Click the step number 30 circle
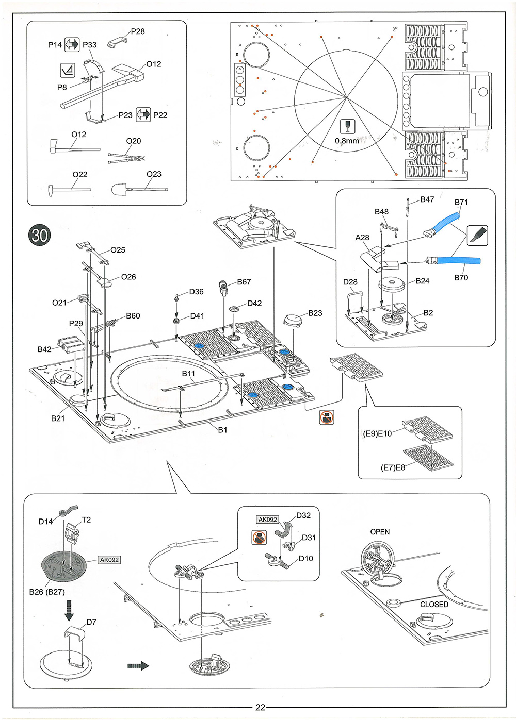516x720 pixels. point(39,235)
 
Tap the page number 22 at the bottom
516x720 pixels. point(260,707)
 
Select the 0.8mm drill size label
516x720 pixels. point(347,141)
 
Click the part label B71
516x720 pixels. point(461,202)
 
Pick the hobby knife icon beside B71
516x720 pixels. point(477,235)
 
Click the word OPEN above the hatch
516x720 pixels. point(380,532)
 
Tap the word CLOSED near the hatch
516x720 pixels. point(434,604)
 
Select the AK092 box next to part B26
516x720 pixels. point(109,560)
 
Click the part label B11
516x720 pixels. point(188,374)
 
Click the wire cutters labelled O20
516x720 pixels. point(126,157)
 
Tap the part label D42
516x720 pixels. point(254,303)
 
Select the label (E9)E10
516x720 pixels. point(377,433)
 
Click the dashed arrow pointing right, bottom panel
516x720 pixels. point(138,666)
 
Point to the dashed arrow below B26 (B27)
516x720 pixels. point(69,609)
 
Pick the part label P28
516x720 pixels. point(138,31)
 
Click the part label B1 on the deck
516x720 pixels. point(222,430)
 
